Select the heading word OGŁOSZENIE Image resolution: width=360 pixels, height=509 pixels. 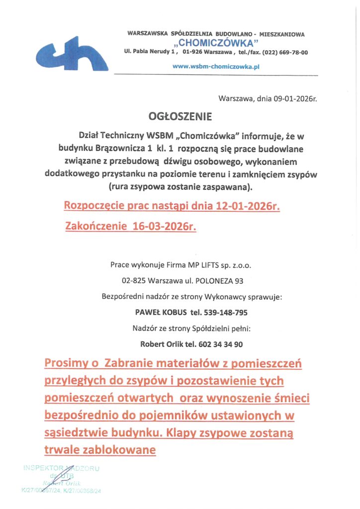180,117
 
